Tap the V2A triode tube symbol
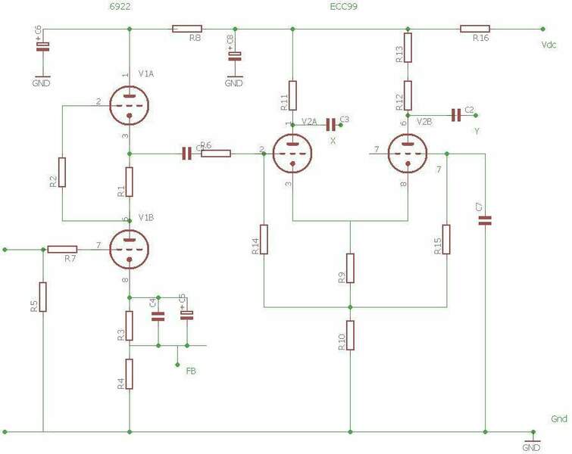(292, 154)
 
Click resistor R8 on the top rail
(186, 29)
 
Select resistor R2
(63, 173)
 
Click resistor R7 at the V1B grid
(62, 248)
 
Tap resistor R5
(43, 297)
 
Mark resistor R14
(264, 238)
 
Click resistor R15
(447, 238)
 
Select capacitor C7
(485, 220)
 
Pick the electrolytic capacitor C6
(43, 46)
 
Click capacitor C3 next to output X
(331, 123)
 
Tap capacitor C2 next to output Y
(455, 115)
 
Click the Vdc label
(549, 45)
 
